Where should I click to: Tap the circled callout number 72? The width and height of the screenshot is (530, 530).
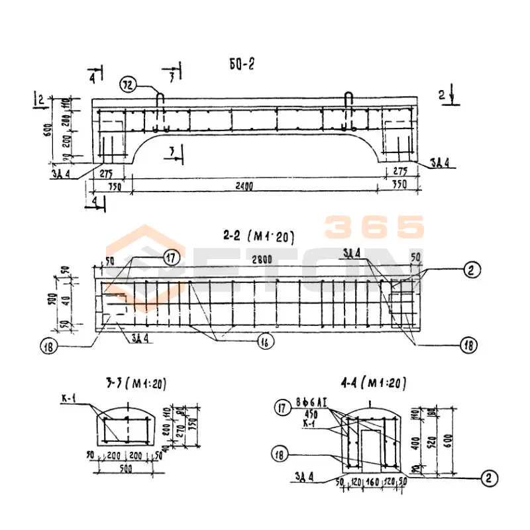pos(128,83)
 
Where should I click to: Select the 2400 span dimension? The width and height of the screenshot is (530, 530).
pos(244,187)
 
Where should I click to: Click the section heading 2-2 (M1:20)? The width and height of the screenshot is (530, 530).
pos(258,236)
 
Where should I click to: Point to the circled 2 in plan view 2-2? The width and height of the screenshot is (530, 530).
pos(472,270)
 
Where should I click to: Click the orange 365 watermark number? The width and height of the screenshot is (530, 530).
pos(374,227)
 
